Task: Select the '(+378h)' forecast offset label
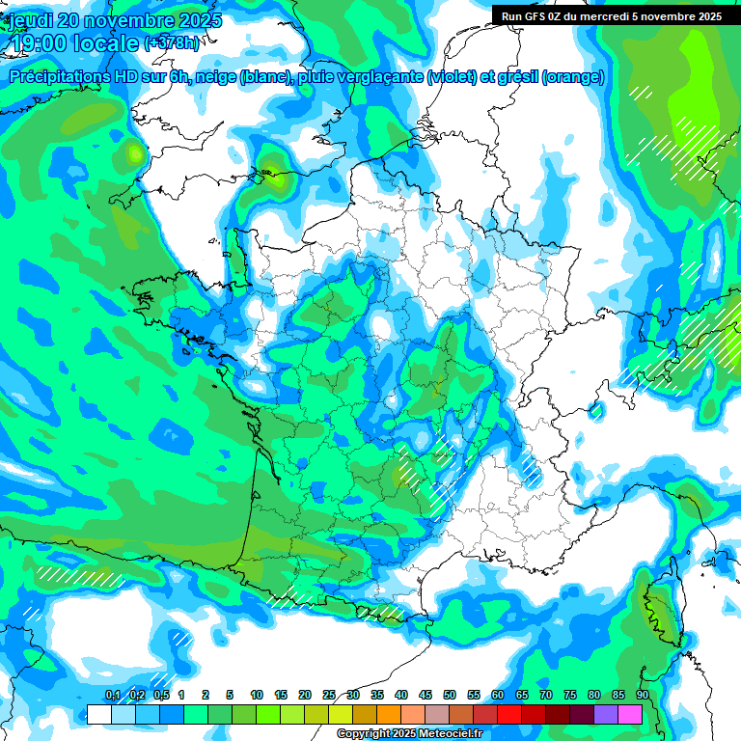172,43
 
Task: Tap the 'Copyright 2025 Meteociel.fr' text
409,734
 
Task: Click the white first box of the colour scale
98,714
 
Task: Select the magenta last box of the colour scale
630,714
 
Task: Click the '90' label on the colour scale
642,695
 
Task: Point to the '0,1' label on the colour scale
112,695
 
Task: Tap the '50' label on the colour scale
450,695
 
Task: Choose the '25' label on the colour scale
329,695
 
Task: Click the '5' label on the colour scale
230,695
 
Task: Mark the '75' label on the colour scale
570,695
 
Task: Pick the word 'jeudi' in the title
30,20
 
